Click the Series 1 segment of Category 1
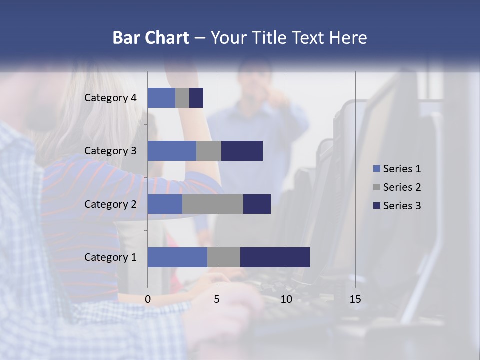tap(177, 257)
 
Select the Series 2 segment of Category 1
tap(224, 257)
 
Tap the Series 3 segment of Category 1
tap(275, 257)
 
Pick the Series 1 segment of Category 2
tap(165, 204)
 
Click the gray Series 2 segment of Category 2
tap(213, 204)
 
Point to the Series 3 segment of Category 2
tap(257, 204)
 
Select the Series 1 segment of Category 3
tap(172, 151)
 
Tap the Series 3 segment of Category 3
tap(242, 151)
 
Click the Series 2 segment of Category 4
tap(182, 98)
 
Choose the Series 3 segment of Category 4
tap(196, 98)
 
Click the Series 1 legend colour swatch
tap(377, 169)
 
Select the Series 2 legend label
tap(402, 187)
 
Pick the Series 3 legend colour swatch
tap(377, 206)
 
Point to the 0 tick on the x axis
tap(148, 299)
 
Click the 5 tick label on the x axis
tap(217, 299)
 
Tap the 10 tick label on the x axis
tap(286, 299)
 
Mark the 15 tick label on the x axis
tap(355, 299)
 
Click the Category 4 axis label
tap(110, 98)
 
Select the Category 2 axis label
tap(110, 204)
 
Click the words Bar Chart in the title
tap(151, 38)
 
